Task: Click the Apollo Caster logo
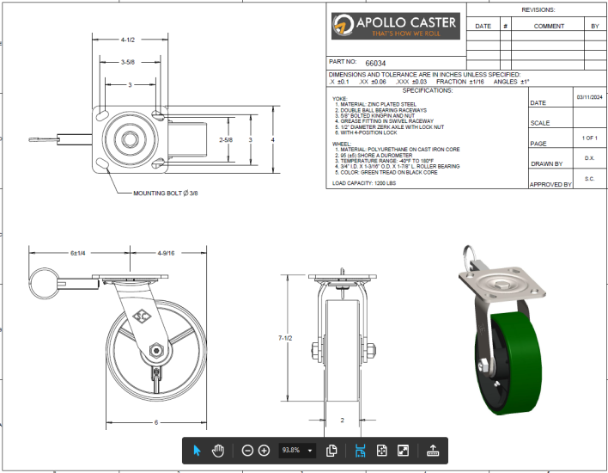(395, 26)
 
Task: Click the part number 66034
(375, 63)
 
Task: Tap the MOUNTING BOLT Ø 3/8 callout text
(166, 193)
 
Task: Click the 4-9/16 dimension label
(166, 253)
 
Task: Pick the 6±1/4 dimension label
(81, 253)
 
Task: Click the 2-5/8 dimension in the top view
(226, 139)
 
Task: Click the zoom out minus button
(247, 450)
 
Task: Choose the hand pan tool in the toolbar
(218, 450)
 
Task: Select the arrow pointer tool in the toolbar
(197, 450)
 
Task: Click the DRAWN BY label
(546, 163)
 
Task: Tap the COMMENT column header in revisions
(549, 26)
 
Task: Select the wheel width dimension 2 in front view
(342, 420)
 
